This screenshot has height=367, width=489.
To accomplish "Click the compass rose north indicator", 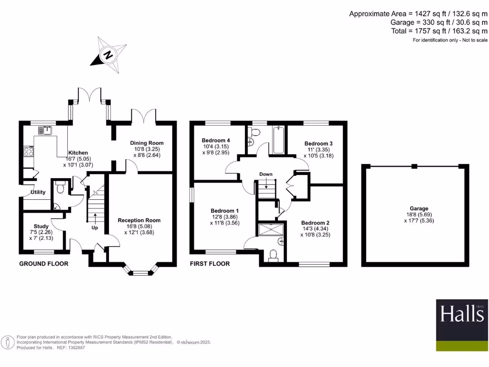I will coord(108,55).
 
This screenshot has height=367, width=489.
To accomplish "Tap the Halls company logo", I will coord(462,325).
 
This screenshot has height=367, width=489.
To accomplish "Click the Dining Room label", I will coord(147,143).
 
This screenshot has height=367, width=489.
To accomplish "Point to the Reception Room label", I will coord(139,220).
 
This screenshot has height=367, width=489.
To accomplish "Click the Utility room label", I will coord(38,193).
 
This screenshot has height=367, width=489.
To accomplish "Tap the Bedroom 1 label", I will coord(225,211).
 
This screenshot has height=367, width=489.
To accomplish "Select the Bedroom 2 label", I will coord(315,223).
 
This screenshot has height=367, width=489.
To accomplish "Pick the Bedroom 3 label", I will coord(319,143).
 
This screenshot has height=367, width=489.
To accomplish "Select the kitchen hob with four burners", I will coord(28,152).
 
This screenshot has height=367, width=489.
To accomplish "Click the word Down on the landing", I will coord(266,174).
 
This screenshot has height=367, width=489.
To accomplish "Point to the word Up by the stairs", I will coord(95,228).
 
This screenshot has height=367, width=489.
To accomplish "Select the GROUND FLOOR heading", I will coord(43,264).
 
